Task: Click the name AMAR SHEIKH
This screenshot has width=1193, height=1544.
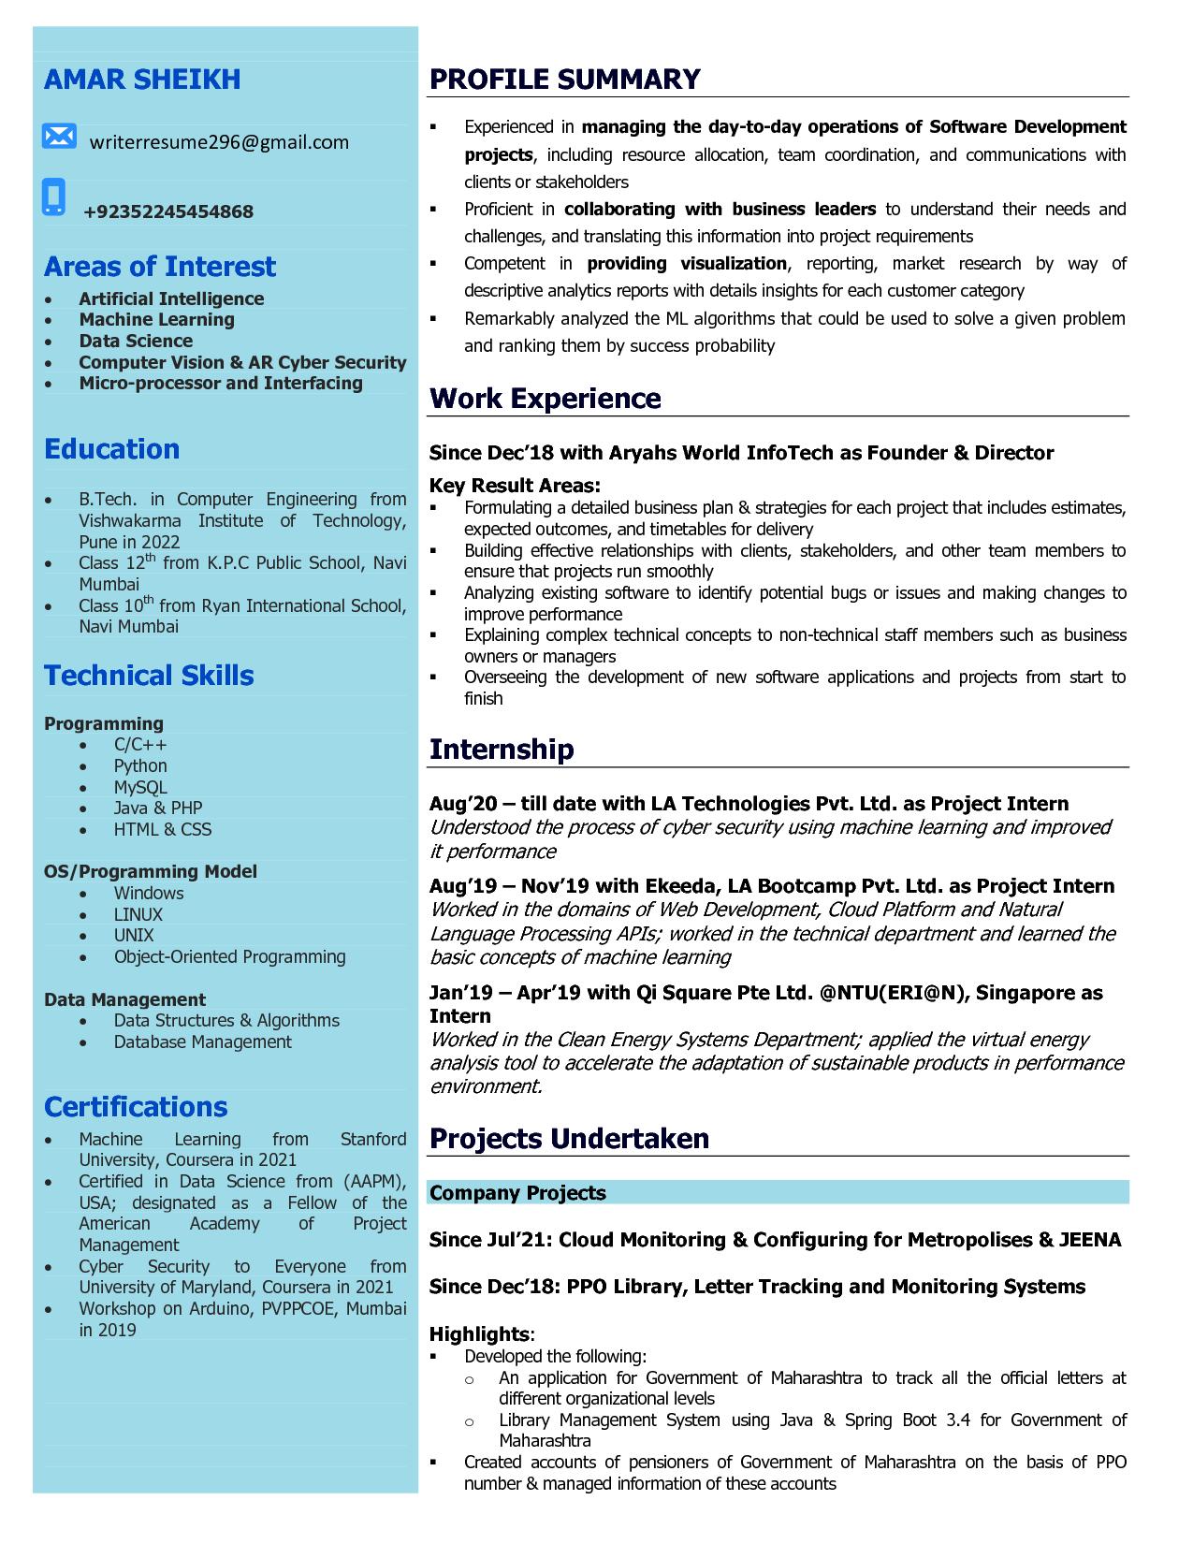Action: (x=142, y=80)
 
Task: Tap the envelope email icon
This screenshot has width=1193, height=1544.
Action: (x=59, y=137)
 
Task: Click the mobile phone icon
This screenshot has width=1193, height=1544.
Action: (x=54, y=197)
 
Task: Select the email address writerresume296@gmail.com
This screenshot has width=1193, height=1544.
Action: (x=219, y=142)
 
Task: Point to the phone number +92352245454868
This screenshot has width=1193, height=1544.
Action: (x=168, y=211)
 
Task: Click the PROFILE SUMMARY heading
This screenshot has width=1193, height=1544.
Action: (x=564, y=80)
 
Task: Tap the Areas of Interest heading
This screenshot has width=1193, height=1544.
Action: (x=160, y=267)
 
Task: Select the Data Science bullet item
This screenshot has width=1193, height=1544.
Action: (x=136, y=341)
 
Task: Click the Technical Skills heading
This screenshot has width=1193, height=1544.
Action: (x=149, y=676)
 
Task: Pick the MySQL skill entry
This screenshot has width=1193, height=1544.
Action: (x=140, y=787)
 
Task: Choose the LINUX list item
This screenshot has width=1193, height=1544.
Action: (x=138, y=914)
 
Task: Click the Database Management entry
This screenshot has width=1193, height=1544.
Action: (x=203, y=1041)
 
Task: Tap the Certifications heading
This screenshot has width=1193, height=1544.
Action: (x=136, y=1107)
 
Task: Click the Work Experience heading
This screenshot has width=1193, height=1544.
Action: (x=545, y=399)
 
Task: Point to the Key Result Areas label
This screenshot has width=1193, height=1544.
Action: (x=515, y=486)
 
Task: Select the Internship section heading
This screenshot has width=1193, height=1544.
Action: (x=502, y=750)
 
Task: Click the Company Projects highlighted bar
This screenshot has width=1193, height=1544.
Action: (x=778, y=1193)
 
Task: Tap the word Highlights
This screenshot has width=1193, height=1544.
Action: (x=479, y=1334)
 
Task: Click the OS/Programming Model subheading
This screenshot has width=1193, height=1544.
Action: (x=151, y=871)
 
